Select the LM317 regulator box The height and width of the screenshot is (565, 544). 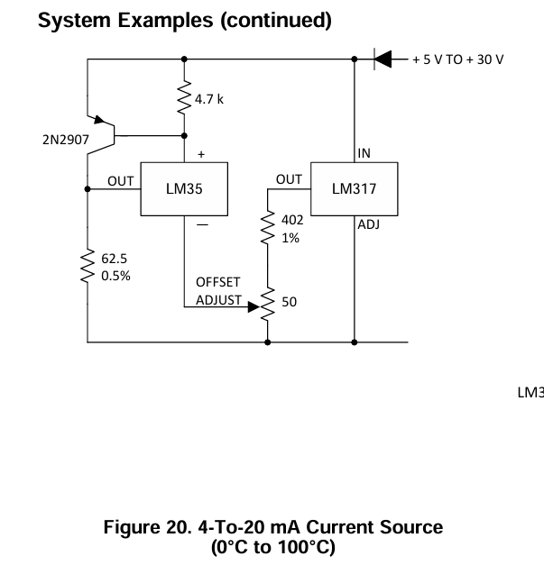[353, 189]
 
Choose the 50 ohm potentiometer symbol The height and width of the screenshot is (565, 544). [268, 304]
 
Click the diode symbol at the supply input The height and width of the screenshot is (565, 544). [383, 59]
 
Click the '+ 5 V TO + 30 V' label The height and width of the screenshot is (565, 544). [457, 59]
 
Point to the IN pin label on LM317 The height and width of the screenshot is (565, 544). [364, 153]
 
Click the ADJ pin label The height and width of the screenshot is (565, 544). [368, 225]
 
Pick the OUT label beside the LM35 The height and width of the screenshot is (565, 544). [121, 181]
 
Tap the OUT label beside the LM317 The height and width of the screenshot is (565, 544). [289, 180]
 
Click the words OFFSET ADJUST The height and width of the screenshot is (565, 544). [218, 291]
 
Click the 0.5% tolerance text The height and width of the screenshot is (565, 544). [115, 276]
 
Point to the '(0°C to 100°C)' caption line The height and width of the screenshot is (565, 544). [272, 547]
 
